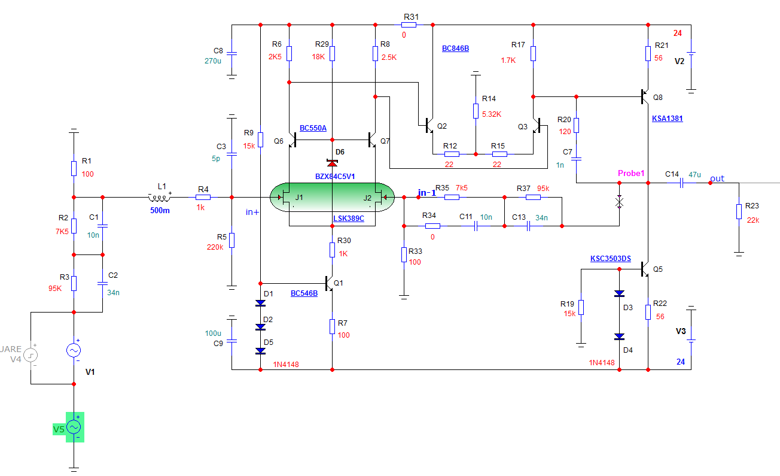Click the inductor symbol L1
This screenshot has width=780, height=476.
pyautogui.click(x=159, y=196)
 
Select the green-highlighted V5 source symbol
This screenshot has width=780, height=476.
pyautogui.click(x=74, y=427)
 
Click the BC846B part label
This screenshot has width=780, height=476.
pyautogui.click(x=455, y=48)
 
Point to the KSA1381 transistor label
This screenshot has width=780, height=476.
pyautogui.click(x=668, y=119)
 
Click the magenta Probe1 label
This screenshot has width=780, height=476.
pyautogui.click(x=631, y=174)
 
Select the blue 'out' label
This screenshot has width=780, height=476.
pyautogui.click(x=717, y=178)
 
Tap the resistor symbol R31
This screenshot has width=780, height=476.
pyautogui.click(x=410, y=25)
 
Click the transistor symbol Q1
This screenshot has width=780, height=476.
pyautogui.click(x=328, y=283)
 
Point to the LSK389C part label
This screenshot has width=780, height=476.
pyautogui.click(x=348, y=219)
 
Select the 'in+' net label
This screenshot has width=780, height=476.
pyautogui.click(x=252, y=211)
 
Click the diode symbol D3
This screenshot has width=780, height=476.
pyautogui.click(x=619, y=294)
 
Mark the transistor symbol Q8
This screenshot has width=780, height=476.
pyautogui.click(x=645, y=96)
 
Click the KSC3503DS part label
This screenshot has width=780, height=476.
pyautogui.click(x=611, y=259)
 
